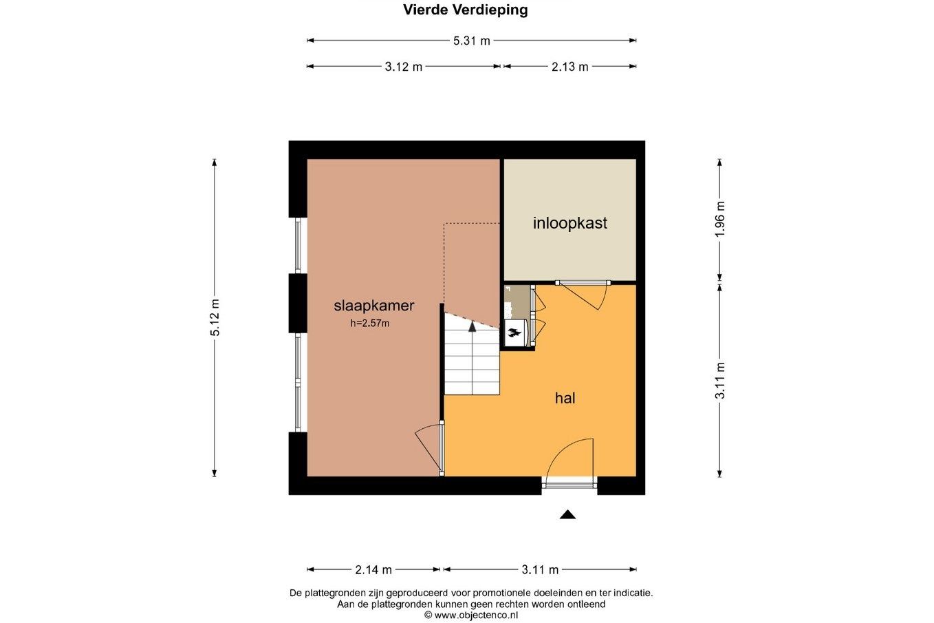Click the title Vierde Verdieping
pos(466,10)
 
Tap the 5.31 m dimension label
pos(472,41)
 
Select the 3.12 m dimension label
pos(403,67)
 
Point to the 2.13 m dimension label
pos(569,67)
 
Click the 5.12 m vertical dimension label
pos(215,317)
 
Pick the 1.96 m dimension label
pos(720,219)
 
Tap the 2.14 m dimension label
pos(373,569)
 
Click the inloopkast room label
pos(569,223)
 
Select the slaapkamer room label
pos(374,306)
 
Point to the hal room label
pos(565,398)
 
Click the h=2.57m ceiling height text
pos(370,323)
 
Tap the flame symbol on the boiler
pos(514,332)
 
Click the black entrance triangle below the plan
pos(567,514)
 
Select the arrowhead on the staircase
pos(472,327)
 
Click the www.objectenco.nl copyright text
pos(471,615)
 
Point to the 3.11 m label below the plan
pos(539,569)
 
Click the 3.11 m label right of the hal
pos(720,381)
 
